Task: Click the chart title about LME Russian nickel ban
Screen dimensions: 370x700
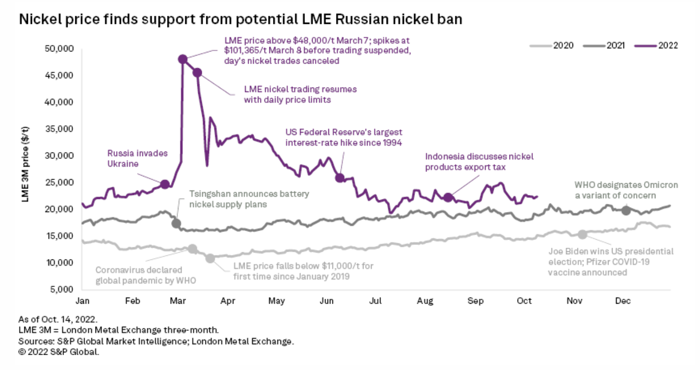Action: [240, 19]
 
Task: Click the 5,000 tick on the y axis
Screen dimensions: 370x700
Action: [62, 289]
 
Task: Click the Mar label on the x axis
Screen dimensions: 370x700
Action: [178, 301]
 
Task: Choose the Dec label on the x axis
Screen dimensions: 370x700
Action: [623, 301]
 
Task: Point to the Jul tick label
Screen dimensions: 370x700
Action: [375, 301]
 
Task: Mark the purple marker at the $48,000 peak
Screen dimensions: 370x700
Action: [182, 59]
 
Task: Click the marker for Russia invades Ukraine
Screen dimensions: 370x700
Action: [165, 184]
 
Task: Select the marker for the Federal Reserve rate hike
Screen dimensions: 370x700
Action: [340, 178]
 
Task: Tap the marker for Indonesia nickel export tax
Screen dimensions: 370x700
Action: [448, 197]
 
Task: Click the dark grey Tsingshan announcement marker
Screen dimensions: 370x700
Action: [176, 223]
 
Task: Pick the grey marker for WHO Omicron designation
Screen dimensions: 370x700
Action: [626, 210]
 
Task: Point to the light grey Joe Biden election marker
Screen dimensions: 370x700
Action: [582, 234]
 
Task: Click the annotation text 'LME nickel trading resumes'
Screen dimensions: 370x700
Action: [300, 89]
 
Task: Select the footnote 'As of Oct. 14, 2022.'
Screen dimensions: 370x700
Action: [58, 319]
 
